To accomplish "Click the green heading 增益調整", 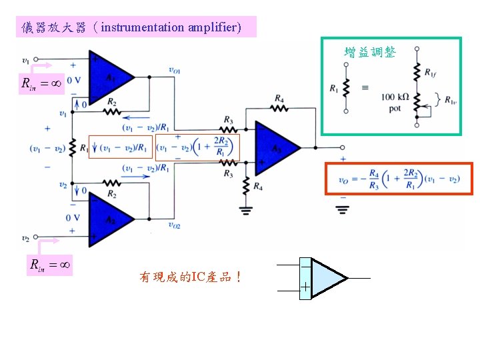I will click(x=369, y=52).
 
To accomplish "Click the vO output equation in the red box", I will click(x=398, y=179).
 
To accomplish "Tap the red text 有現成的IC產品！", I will click(x=190, y=276).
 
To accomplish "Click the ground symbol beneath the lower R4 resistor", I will click(x=246, y=209).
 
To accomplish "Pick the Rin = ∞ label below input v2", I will click(x=49, y=265).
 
